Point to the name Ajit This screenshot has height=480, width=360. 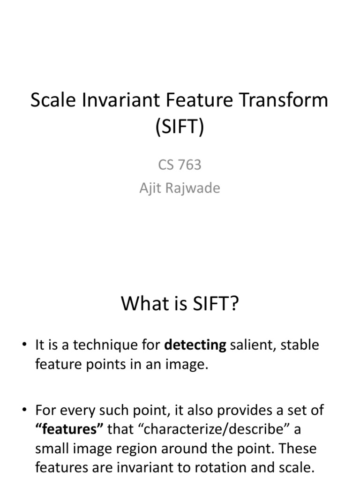(x=150, y=188)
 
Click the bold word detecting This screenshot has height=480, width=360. (x=195, y=345)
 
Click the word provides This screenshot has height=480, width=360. (x=242, y=410)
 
